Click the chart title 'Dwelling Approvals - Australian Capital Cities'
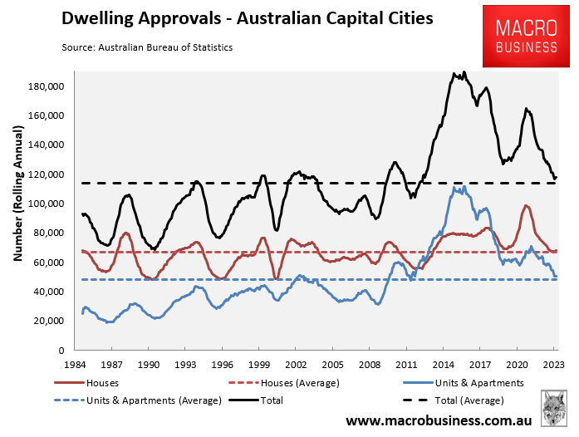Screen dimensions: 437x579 click(x=247, y=19)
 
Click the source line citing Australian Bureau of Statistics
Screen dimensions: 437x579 click(x=147, y=47)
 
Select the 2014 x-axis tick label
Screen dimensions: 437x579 click(x=444, y=365)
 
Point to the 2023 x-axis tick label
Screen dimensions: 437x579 click(x=553, y=365)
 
